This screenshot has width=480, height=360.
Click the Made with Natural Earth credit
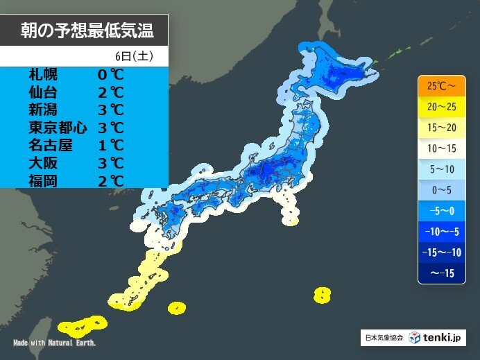point(54,343)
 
